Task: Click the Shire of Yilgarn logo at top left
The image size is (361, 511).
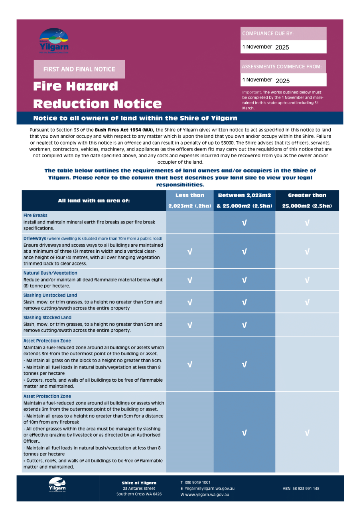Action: [x=54, y=41]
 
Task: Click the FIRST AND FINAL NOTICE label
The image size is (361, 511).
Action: [x=79, y=69]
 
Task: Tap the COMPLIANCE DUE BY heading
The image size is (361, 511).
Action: [x=268, y=34]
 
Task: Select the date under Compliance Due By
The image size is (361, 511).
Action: [x=266, y=47]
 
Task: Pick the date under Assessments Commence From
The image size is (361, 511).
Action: [x=266, y=80]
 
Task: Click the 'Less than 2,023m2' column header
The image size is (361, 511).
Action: [x=190, y=200]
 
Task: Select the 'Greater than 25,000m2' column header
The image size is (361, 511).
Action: [x=307, y=200]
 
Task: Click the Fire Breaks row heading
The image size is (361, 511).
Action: [x=36, y=215]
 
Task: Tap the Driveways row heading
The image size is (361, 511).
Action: [x=35, y=238]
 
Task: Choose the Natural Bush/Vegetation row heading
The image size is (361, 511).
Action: [x=50, y=273]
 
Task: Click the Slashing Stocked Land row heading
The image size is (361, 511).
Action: [x=47, y=318]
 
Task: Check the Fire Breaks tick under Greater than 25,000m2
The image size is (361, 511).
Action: [x=307, y=223]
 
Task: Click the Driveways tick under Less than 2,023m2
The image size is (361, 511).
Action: [x=190, y=252]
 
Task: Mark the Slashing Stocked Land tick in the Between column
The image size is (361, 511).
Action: [x=244, y=325]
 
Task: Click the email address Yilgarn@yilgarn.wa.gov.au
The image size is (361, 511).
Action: [x=209, y=488]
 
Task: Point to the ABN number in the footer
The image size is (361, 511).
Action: [x=301, y=488]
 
